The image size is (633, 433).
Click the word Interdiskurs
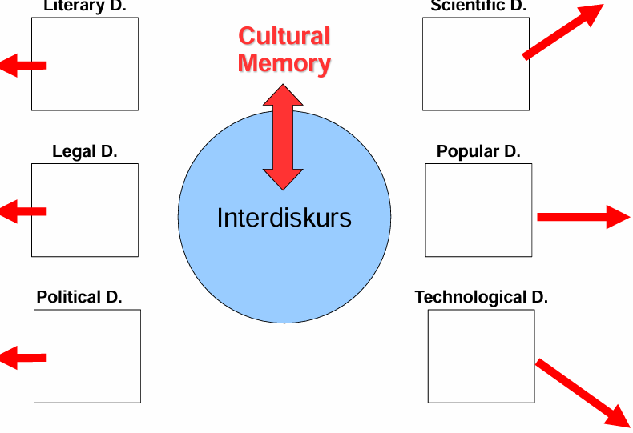click(284, 218)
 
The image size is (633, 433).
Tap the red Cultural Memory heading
click(284, 50)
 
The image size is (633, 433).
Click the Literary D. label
click(85, 6)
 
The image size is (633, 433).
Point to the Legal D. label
click(85, 151)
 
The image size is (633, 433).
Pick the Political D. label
click(79, 297)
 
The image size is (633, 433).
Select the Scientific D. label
click(479, 6)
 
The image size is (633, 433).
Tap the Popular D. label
click(478, 151)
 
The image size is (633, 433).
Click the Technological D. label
click(481, 297)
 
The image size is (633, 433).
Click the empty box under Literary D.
click(85, 64)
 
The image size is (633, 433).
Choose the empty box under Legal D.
click(85, 210)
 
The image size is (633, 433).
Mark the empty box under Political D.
click(87, 355)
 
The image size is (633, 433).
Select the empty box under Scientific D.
click(476, 64)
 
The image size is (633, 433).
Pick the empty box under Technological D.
click(481, 355)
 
